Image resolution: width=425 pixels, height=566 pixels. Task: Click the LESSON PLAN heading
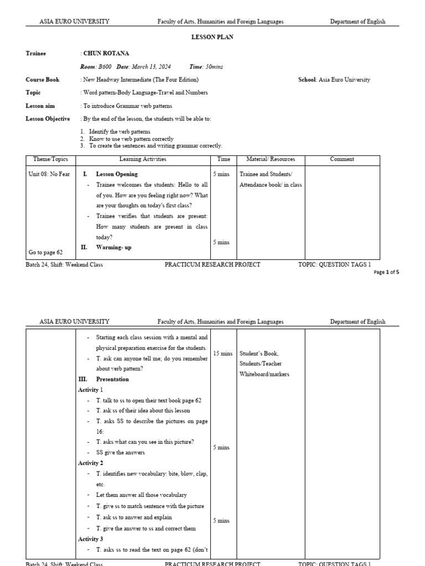coord(212,37)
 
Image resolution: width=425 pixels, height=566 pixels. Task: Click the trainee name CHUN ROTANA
coord(106,54)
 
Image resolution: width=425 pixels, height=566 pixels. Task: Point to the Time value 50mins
coord(214,66)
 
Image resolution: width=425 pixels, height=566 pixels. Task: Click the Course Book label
coord(42,80)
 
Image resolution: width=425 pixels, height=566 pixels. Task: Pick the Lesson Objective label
coord(48,119)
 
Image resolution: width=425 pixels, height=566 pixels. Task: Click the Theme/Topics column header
coord(51,159)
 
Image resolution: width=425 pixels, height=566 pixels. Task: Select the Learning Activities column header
coord(143,159)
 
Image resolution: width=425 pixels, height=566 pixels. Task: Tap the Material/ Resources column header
coord(271,159)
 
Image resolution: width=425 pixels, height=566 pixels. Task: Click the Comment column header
coord(342,159)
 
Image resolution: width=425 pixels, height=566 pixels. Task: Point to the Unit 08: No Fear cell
coord(50,174)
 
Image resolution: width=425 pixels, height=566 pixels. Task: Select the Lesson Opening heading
coord(117,174)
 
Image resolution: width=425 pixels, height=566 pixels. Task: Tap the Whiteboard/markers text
coord(264,374)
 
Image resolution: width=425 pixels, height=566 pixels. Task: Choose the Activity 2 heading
coord(91,463)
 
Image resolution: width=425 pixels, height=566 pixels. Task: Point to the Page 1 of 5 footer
coord(386,272)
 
